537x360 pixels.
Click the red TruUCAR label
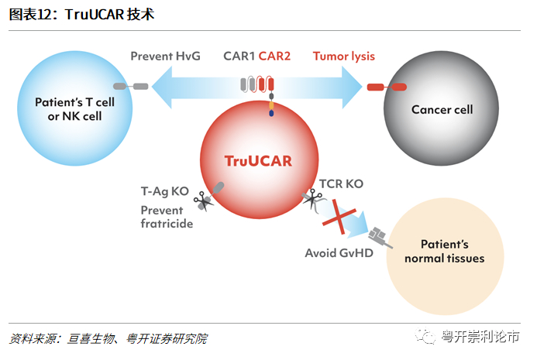258,161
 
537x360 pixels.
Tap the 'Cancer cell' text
442,109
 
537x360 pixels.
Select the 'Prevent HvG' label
165,56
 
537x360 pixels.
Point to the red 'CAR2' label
274,56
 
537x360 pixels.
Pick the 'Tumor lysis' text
344,56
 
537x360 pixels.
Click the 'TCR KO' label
341,183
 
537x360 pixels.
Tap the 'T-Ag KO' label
165,191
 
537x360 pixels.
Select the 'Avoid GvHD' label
339,253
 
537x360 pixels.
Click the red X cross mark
339,218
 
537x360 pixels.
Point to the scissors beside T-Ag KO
204,201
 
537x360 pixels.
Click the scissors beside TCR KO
313,199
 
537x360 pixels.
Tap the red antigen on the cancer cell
387,87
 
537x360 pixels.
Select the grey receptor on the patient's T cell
130,86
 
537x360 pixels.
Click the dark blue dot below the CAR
271,113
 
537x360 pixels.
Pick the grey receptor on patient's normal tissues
380,236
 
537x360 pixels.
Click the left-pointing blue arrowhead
162,87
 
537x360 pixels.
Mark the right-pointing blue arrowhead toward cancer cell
352,87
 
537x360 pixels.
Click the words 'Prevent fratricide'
167,217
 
